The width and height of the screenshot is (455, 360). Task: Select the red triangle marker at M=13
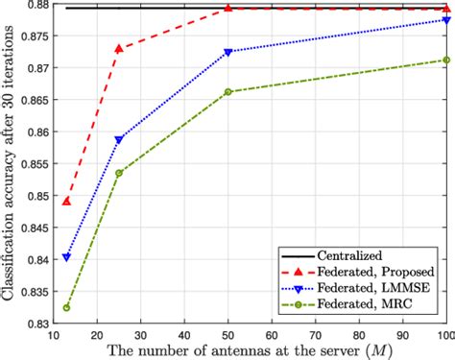66,201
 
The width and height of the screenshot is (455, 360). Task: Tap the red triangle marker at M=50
228,9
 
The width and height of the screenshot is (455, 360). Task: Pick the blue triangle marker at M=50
228,52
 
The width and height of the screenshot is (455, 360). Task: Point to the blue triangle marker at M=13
66,256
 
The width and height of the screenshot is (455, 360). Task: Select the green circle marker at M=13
66,307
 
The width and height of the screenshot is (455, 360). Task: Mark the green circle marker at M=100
445,60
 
